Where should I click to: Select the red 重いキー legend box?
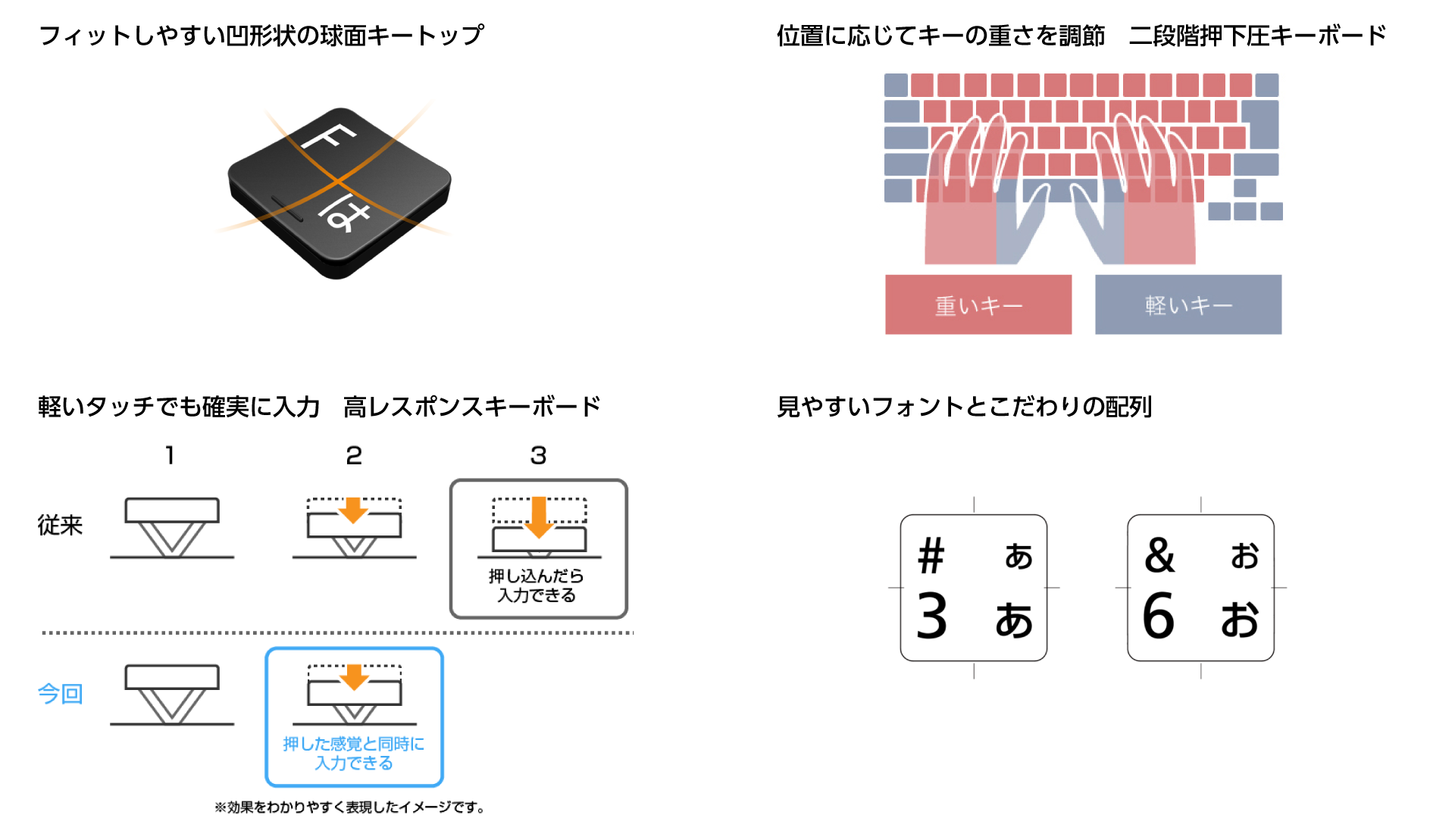[978, 304]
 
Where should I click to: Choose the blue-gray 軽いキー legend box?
[1188, 304]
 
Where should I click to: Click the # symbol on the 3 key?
[931, 557]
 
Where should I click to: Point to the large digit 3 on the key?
[932, 617]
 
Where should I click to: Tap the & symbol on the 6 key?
[1159, 556]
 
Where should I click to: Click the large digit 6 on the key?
[1159, 617]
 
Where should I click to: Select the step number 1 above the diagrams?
[170, 455]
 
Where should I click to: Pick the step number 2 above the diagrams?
[354, 455]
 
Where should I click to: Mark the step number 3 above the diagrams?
[538, 455]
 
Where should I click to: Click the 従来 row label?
[60, 525]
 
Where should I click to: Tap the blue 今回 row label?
[60, 693]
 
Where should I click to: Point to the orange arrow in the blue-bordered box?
[354, 676]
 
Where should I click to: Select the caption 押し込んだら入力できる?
[537, 585]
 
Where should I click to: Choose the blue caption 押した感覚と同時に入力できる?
[354, 753]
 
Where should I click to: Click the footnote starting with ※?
[349, 807]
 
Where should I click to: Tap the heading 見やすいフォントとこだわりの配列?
[964, 407]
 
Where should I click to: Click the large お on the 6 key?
[1240, 620]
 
